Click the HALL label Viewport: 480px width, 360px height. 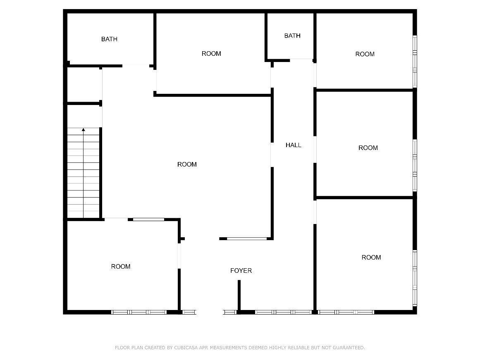293,145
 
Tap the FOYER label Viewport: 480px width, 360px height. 241,271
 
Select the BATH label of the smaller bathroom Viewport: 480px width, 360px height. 292,36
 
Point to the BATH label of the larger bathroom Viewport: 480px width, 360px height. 109,39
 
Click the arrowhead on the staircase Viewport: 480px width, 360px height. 83,130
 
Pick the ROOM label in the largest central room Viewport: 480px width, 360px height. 187,165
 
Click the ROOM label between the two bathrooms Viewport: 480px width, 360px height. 211,54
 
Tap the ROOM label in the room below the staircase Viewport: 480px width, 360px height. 121,267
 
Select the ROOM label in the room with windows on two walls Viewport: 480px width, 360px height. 371,257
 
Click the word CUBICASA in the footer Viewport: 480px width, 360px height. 186,348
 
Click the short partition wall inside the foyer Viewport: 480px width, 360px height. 239,296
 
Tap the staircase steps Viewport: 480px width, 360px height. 83,173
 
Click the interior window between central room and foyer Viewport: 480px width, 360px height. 247,238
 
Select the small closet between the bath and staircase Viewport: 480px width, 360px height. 83,85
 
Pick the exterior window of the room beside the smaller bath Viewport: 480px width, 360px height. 415,61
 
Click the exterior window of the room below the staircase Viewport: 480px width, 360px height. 139,312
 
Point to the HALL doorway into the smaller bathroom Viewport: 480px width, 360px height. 301,60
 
